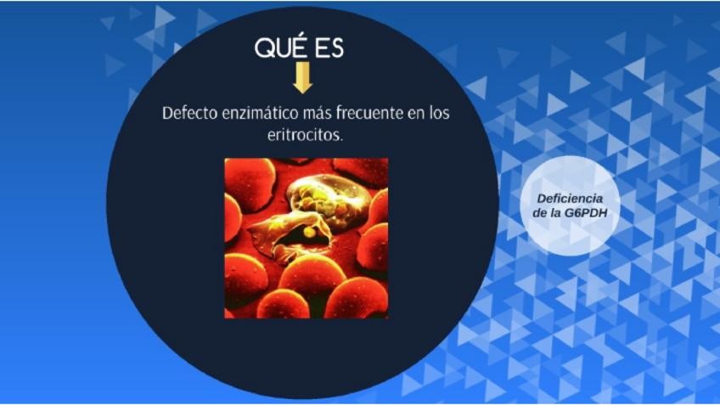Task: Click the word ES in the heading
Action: pos(329,48)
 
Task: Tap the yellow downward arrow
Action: pos(302,77)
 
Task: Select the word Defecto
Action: pos(189,113)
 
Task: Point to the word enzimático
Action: pos(260,113)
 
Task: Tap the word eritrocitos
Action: pos(305,135)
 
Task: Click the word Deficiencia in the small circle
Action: pos(570,199)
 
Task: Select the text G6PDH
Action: pos(586,213)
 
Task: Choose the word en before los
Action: pos(416,114)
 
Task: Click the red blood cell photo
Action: pos(307,239)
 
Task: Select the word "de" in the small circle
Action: pos(539,213)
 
